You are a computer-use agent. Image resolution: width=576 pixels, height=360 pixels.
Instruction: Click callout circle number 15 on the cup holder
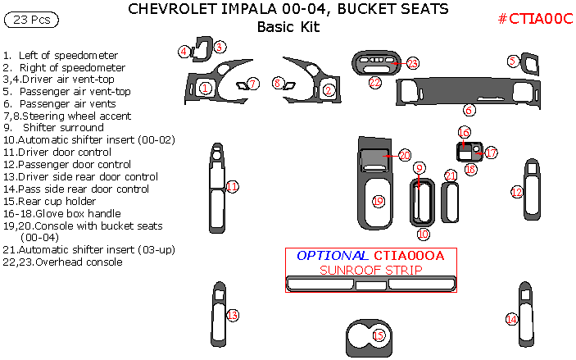point(378,335)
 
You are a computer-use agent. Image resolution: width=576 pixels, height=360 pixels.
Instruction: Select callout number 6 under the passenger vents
point(469,109)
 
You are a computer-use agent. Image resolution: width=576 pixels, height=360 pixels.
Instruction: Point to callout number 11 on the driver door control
point(232,187)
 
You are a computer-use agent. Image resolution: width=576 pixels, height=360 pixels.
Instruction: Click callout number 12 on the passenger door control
point(516,192)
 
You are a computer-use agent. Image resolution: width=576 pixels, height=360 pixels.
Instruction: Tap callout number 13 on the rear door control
point(232,315)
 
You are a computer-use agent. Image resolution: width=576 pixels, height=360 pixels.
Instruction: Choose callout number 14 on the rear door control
point(511,319)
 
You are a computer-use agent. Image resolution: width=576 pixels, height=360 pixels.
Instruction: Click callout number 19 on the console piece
point(378,201)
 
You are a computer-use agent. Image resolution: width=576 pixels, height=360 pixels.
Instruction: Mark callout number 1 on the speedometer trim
point(206,87)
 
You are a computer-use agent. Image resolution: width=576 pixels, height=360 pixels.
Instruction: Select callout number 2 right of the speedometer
point(329,90)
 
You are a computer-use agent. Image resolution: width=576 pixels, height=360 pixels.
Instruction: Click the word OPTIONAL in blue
point(331,256)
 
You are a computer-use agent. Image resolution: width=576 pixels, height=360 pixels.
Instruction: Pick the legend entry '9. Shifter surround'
point(53,128)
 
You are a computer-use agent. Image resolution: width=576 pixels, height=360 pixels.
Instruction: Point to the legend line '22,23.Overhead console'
point(63,262)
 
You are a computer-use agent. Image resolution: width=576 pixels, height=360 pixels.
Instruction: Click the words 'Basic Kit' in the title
point(288,27)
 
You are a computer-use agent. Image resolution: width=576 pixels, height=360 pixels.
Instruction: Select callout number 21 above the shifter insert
point(450,175)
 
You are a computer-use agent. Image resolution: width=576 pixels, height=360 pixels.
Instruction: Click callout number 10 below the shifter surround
point(423,234)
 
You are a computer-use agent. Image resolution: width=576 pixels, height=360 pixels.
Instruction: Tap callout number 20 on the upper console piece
point(404,155)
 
